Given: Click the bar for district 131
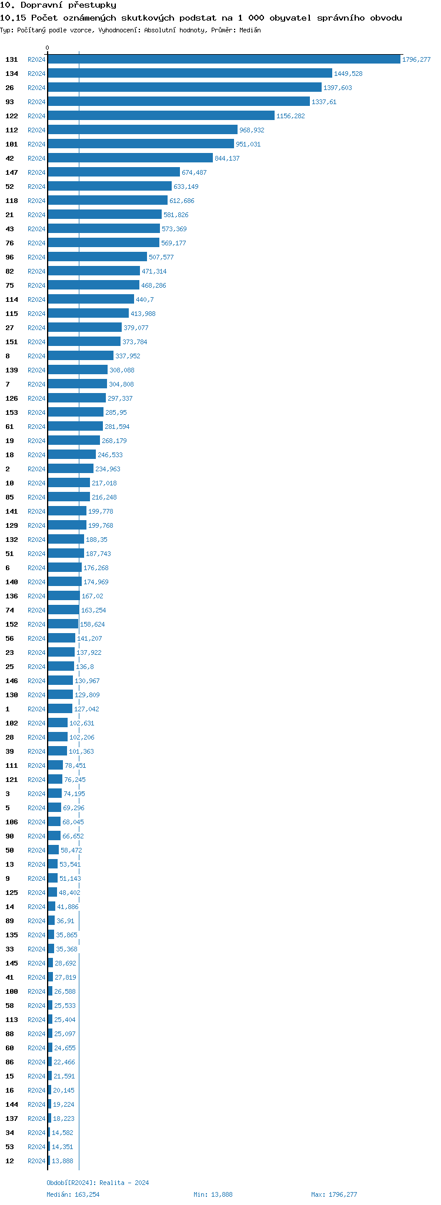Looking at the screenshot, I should pos(223,59).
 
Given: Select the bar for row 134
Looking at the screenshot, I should pos(190,74).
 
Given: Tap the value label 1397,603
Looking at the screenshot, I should pos(338,88).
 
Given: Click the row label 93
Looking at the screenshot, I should pos(9,102).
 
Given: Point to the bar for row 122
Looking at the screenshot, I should pos(161,116).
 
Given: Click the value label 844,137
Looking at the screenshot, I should pos(227,158).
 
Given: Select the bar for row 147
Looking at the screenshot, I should pos(114,172).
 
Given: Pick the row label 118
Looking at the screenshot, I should pos(12,201).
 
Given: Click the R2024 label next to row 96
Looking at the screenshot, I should pos(36,257).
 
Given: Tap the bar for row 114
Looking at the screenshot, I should pos(91,299).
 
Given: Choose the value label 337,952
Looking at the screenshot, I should pos(128,356).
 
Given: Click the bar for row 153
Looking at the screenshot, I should pos(76,412).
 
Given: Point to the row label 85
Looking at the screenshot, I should pos(9,497).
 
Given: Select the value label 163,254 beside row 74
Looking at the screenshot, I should pos(93,610).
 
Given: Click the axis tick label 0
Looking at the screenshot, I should pos(48,48).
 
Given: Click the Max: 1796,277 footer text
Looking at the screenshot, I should pos(334,1194).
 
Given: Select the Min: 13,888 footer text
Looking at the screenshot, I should pos(213,1194).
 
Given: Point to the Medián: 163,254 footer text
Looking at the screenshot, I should pos(73,1194).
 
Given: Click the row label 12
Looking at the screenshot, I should pos(9,1161).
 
